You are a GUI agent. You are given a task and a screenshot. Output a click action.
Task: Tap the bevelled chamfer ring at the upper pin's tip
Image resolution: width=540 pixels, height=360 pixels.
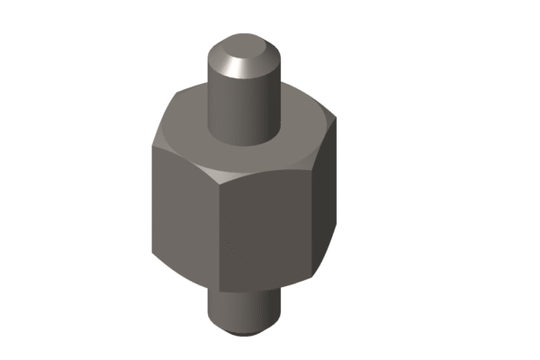(266, 61)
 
